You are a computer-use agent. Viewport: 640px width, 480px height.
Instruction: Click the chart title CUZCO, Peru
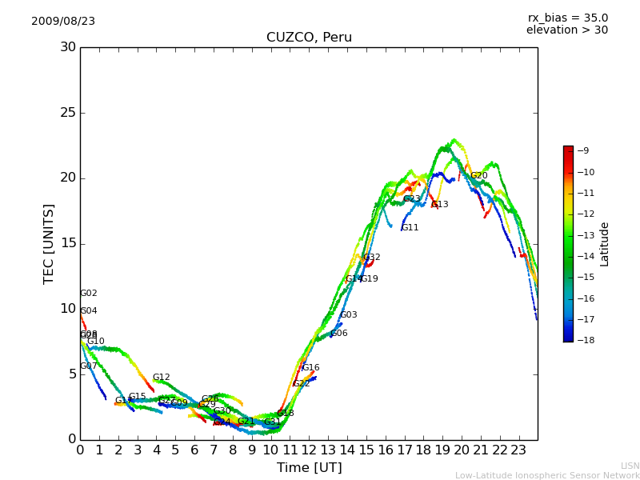click(309, 38)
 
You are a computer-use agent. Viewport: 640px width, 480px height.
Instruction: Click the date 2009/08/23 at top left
click(63, 22)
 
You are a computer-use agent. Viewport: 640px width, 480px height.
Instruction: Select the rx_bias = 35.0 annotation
click(567, 18)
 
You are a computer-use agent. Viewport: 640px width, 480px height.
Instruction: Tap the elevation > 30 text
click(567, 30)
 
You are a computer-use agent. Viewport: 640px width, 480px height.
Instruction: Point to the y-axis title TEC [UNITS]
click(49, 243)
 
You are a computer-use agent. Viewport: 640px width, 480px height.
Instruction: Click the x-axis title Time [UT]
click(309, 467)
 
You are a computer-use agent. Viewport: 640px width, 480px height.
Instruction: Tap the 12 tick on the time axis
click(309, 450)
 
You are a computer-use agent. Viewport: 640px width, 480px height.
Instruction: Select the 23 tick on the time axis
click(518, 450)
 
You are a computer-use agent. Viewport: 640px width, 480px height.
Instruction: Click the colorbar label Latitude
click(605, 243)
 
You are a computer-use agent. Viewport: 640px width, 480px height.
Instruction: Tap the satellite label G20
click(478, 176)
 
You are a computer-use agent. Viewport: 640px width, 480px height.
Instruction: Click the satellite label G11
click(410, 228)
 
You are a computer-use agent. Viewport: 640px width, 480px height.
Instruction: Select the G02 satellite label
click(88, 294)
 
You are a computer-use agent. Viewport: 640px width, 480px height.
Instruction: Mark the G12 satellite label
click(161, 378)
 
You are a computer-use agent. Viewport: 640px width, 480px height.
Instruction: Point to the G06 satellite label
click(338, 334)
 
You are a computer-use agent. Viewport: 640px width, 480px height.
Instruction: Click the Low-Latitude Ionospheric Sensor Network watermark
click(547, 475)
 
